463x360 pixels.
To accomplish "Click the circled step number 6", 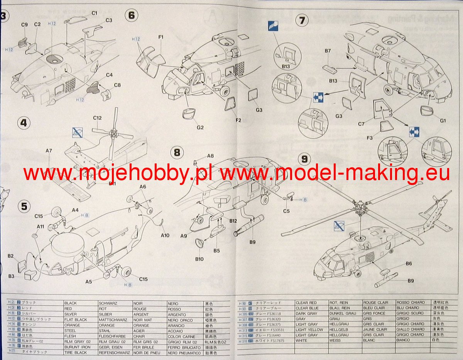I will tap(132, 15).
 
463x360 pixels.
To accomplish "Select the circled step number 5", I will tap(24, 206).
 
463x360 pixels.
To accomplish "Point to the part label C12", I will tap(97, 118).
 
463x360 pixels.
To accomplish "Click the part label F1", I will tap(161, 37).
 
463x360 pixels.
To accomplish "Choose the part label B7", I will tap(328, 50).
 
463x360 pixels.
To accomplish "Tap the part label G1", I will tap(443, 121).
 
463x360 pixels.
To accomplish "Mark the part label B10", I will tap(199, 259).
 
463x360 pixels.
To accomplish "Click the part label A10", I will tap(165, 235).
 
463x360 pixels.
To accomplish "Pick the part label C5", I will tap(286, 211).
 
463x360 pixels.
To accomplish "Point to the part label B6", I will tap(409, 263).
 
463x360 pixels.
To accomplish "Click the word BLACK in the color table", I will tap(71, 303).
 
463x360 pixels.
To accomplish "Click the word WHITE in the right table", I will tap(302, 340).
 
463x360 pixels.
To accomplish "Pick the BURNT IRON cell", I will tap(75, 347).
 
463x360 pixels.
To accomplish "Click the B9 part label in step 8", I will tap(252, 242).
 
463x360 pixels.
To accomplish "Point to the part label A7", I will tap(49, 151).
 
